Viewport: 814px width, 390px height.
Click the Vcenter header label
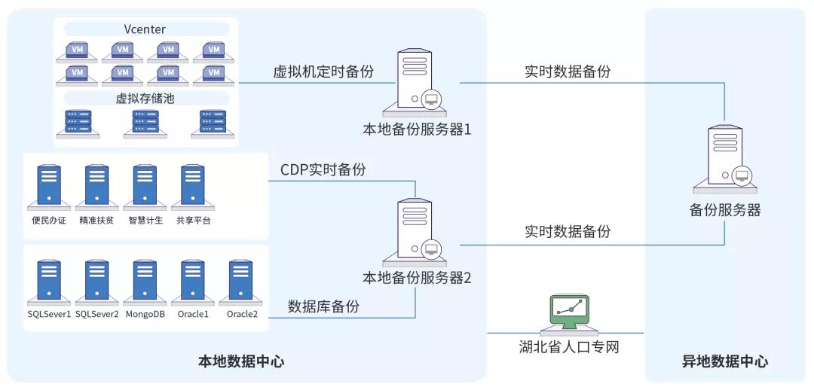click(145, 29)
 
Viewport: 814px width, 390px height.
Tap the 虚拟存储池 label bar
click(145, 99)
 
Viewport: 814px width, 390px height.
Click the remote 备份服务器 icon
click(724, 160)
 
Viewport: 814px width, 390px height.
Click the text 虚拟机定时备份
click(324, 72)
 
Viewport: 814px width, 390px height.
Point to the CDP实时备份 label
click(323, 170)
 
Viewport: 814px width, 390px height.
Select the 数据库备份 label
click(323, 306)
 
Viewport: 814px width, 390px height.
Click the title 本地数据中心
click(241, 361)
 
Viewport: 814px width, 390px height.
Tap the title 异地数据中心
click(724, 361)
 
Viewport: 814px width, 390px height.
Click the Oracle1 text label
click(193, 314)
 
